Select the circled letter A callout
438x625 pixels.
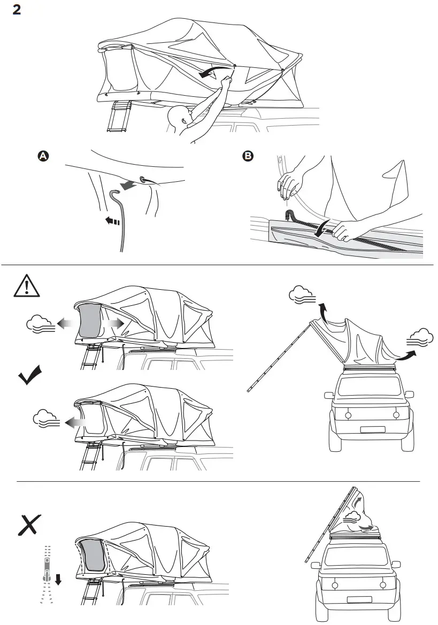tap(43, 156)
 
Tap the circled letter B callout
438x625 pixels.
tap(248, 156)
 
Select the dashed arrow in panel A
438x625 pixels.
tap(112, 220)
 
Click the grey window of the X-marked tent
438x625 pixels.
tap(89, 556)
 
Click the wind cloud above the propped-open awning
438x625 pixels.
tap(300, 294)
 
